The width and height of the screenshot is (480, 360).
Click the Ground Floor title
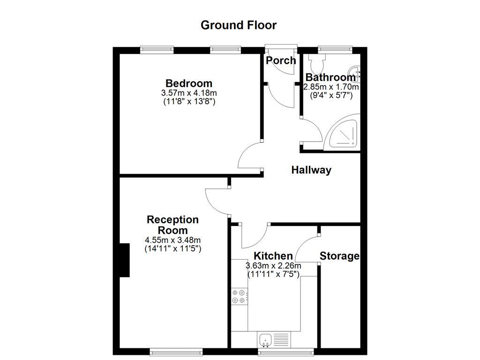pos(239,25)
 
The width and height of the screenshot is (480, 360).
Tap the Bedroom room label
pos(189,84)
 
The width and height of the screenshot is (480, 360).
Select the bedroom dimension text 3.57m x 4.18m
pos(189,93)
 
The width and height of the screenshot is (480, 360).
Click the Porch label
pos(281,60)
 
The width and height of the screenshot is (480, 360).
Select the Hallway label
pos(311,170)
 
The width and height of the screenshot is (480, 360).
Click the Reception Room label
pos(172,225)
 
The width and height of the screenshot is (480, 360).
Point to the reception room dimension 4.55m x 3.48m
pos(172,240)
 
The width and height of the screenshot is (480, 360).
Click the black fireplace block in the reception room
pos(124,260)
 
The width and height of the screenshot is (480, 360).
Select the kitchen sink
pos(265,338)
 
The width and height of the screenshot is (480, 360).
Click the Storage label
pos(339,256)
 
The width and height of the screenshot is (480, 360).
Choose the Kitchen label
pos(273,256)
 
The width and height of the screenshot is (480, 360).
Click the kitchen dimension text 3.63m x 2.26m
pos(273,266)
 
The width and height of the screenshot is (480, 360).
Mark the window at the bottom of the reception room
pos(176,351)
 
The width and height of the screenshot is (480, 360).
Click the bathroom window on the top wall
pos(335,48)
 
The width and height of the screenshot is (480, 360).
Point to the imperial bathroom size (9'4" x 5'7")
pos(331,95)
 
